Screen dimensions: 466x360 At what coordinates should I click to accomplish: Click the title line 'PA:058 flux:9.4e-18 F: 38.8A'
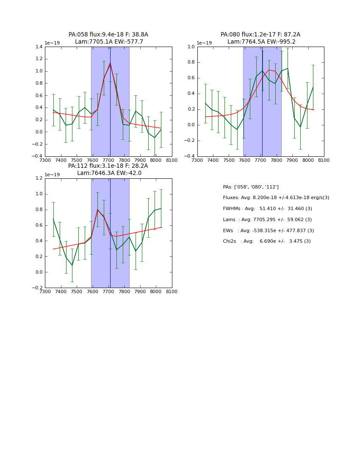(108, 35)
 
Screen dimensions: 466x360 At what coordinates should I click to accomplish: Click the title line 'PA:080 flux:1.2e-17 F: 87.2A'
(260, 35)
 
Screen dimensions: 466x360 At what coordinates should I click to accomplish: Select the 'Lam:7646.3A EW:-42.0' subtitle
(109, 173)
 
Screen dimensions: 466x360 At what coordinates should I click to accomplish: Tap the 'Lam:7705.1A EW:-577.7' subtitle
(109, 42)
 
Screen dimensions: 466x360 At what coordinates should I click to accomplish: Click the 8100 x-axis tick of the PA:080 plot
(324, 161)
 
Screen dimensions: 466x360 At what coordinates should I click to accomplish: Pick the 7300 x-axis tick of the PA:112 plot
(45, 292)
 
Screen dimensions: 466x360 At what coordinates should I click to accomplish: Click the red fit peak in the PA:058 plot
(110, 64)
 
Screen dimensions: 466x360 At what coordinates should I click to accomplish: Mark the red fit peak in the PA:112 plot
(97, 209)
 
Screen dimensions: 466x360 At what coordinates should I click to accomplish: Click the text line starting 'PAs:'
(251, 187)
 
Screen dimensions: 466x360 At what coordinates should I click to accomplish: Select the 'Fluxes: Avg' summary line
(276, 198)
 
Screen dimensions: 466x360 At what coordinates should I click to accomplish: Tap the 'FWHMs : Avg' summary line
(267, 209)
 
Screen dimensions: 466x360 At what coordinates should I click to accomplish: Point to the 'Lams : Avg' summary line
(267, 219)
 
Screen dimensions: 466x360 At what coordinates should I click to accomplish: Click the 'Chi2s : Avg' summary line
(267, 241)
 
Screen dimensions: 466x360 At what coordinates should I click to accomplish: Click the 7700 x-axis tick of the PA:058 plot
(108, 161)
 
